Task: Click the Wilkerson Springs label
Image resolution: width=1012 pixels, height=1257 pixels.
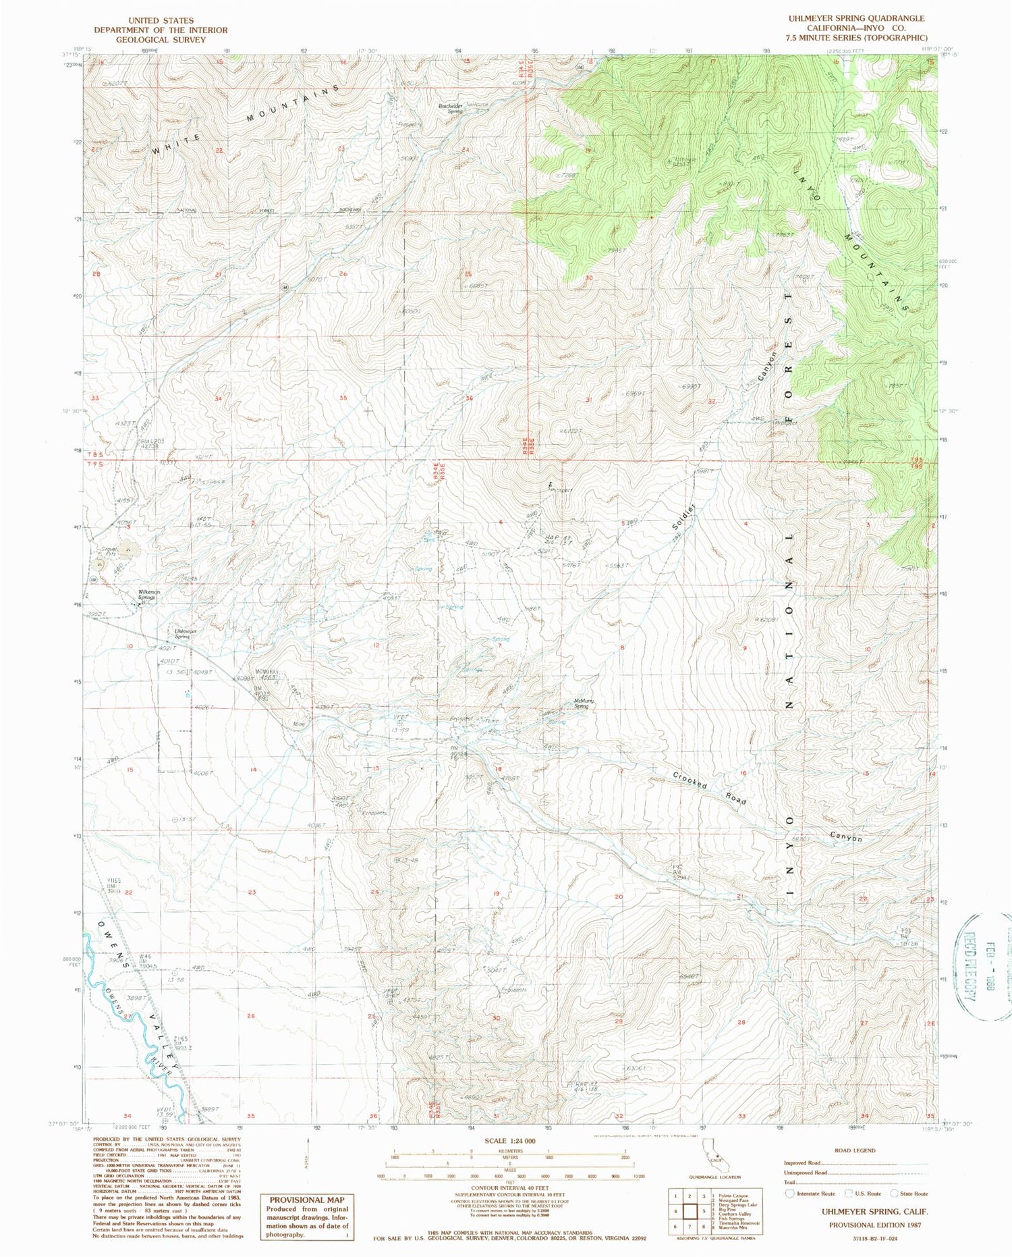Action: click(147, 594)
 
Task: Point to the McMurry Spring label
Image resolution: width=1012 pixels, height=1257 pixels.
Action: click(585, 703)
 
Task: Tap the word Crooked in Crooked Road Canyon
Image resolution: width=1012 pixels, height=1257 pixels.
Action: click(690, 780)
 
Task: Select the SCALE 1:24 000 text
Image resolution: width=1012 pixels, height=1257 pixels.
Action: click(509, 1140)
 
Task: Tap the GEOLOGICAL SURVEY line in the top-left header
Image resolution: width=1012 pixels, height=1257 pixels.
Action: click(161, 40)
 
